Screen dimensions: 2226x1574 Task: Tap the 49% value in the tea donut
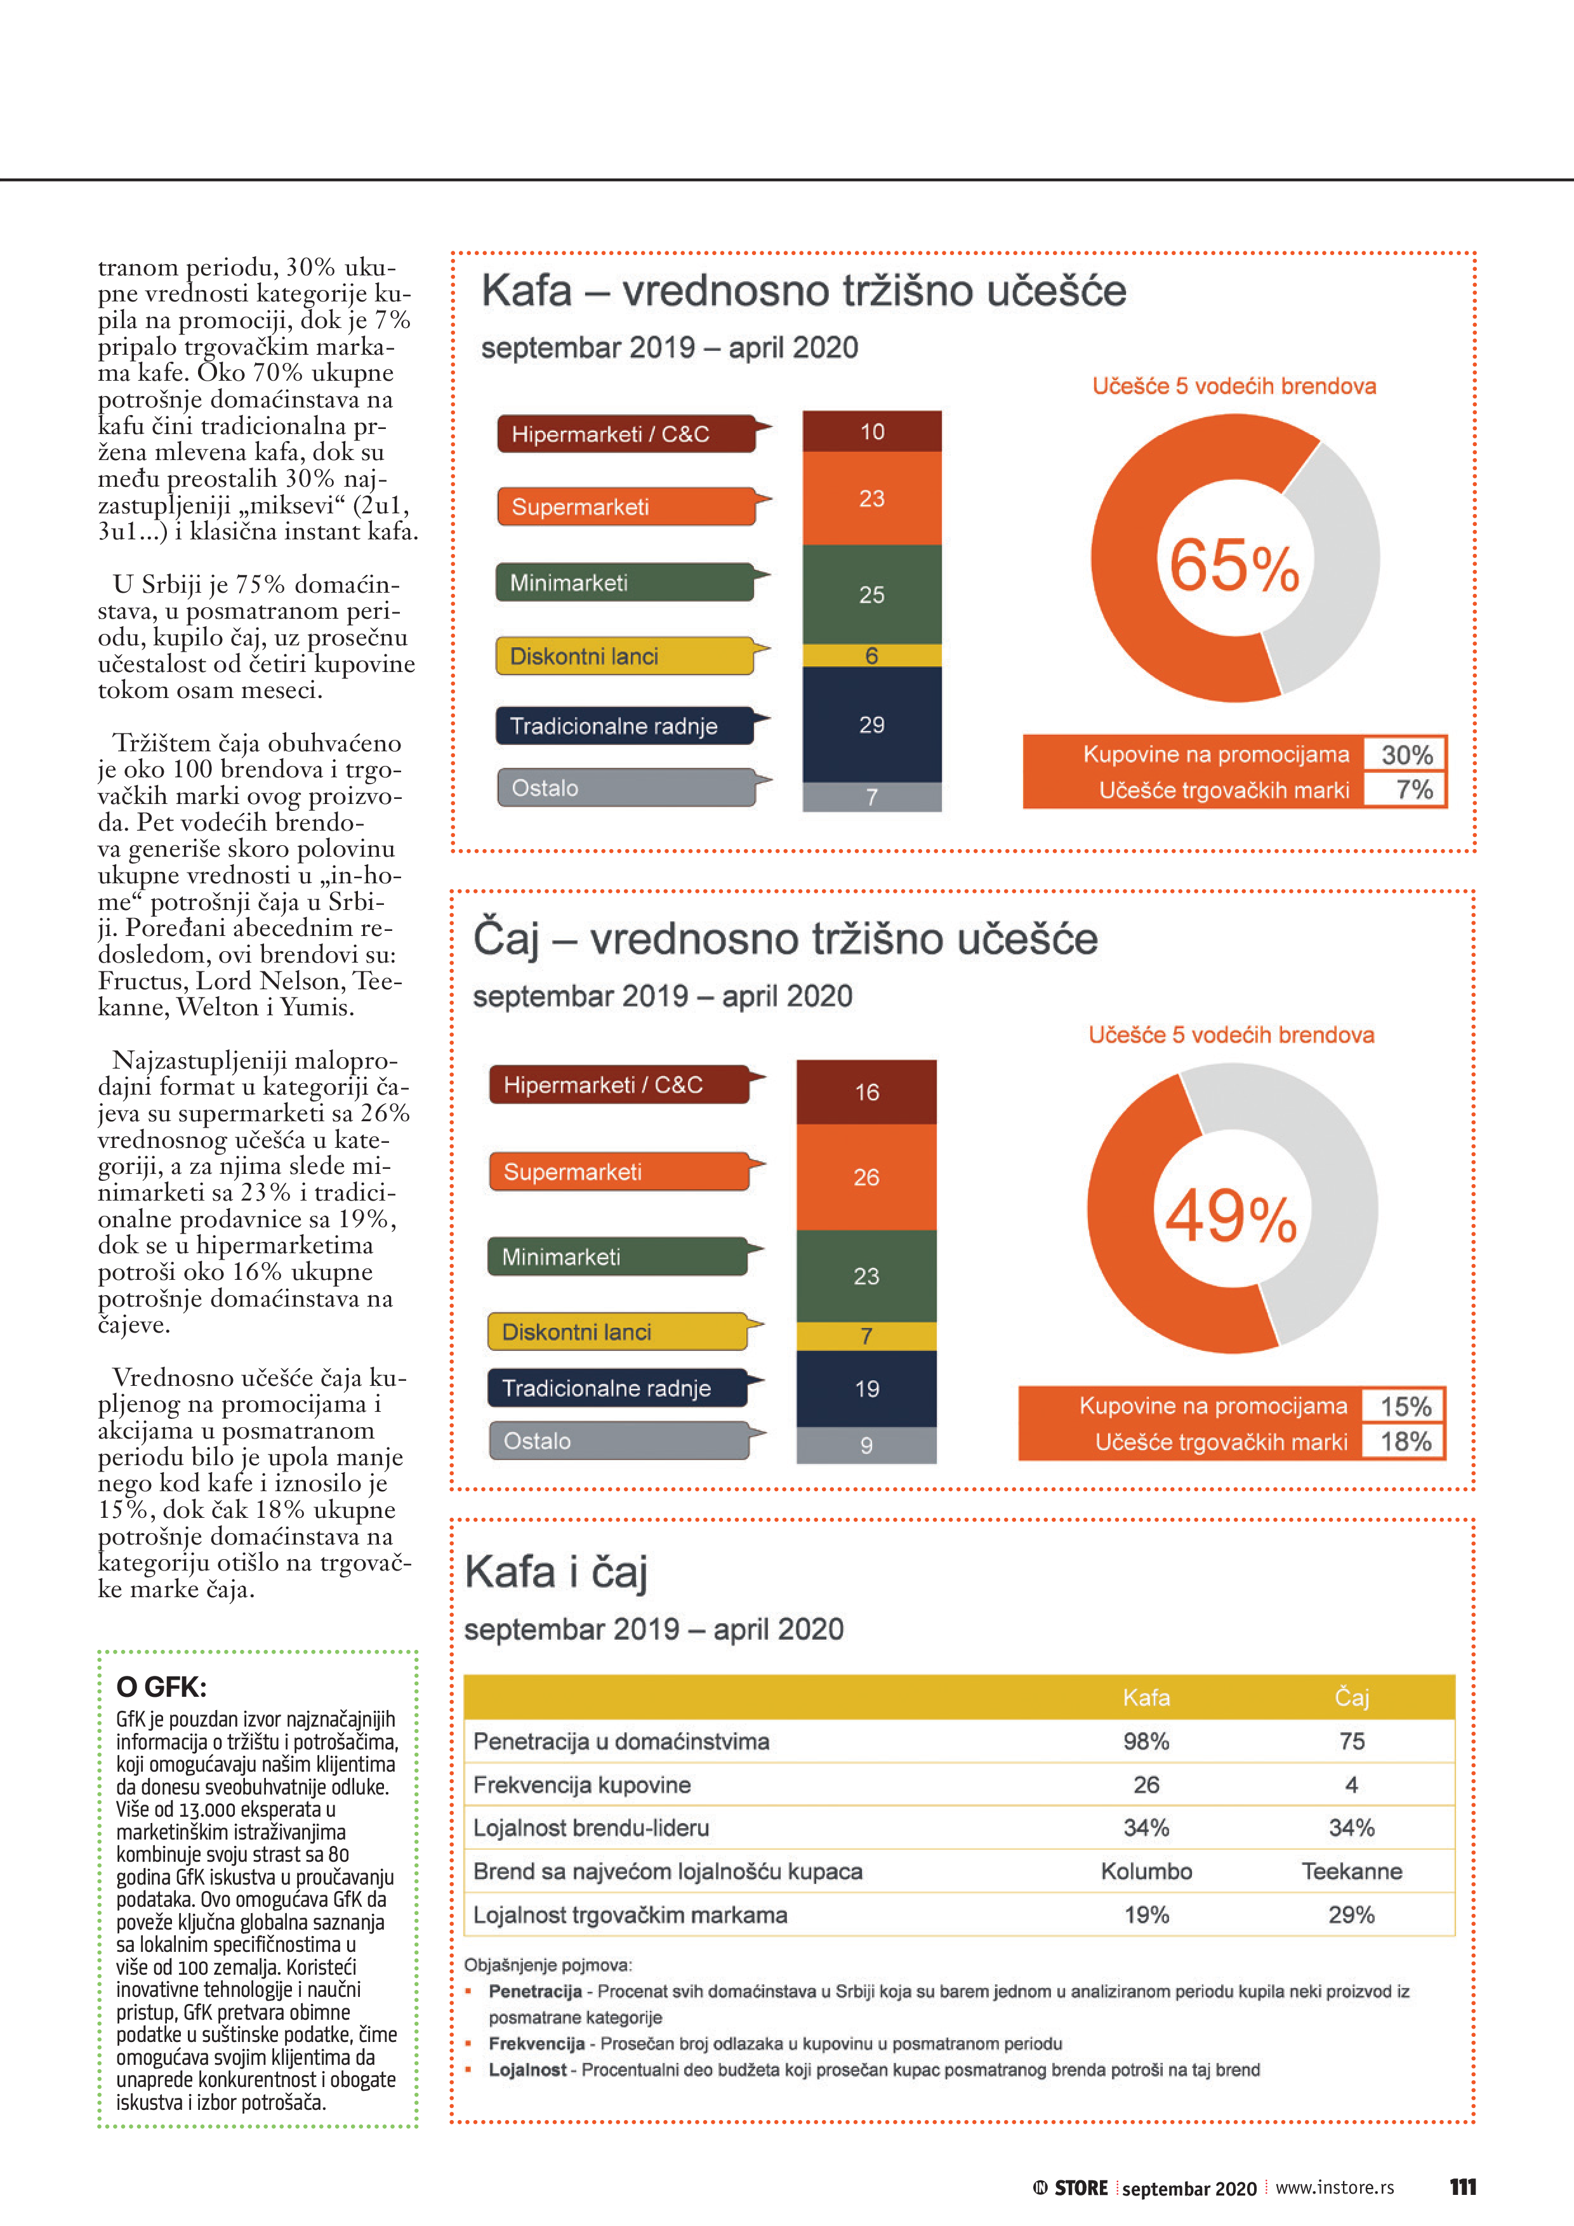pyautogui.click(x=1230, y=1216)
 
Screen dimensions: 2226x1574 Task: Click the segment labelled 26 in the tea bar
pyautogui.click(x=866, y=1177)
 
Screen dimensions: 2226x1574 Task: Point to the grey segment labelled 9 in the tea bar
pyautogui.click(x=866, y=1445)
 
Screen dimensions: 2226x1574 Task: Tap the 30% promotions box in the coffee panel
pyautogui.click(x=1406, y=754)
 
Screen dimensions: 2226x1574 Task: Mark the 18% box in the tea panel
pyautogui.click(x=1405, y=1442)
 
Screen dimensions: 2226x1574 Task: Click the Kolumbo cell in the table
pyautogui.click(x=1146, y=1871)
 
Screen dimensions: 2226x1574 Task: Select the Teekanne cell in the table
pyautogui.click(x=1351, y=1871)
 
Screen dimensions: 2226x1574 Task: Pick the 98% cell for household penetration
pyautogui.click(x=1146, y=1741)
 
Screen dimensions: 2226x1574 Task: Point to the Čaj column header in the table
pyautogui.click(x=1351, y=1697)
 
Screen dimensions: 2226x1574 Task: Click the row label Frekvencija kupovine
pyautogui.click(x=582, y=1785)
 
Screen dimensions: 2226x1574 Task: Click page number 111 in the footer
pyautogui.click(x=1462, y=2187)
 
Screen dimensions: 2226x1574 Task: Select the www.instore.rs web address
pyautogui.click(x=1335, y=2187)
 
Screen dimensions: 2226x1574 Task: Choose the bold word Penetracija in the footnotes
pyautogui.click(x=534, y=1991)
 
